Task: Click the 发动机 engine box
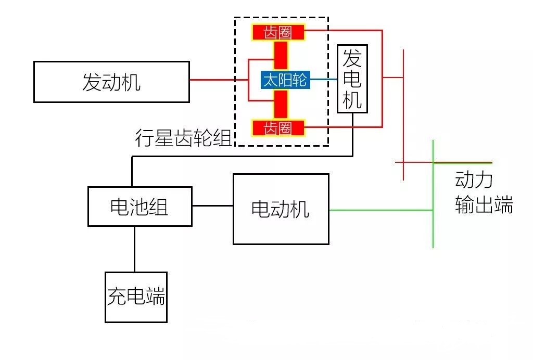pos(111,82)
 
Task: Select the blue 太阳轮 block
pos(285,80)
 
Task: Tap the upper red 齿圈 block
pos(278,32)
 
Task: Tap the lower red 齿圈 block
pos(278,128)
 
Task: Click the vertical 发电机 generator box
pos(352,79)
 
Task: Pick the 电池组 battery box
pos(139,207)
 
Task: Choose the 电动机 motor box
pos(281,209)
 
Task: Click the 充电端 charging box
pos(136,297)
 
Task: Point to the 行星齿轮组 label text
pos(183,138)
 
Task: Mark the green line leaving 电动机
pos(380,210)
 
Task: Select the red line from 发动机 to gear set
pos(219,80)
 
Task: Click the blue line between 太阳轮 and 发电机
pos(324,80)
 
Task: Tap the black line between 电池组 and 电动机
pos(212,205)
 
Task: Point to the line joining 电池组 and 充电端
pos(135,249)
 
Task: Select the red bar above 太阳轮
pos(281,55)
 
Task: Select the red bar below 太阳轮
pos(281,104)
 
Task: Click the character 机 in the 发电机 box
pos(352,99)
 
